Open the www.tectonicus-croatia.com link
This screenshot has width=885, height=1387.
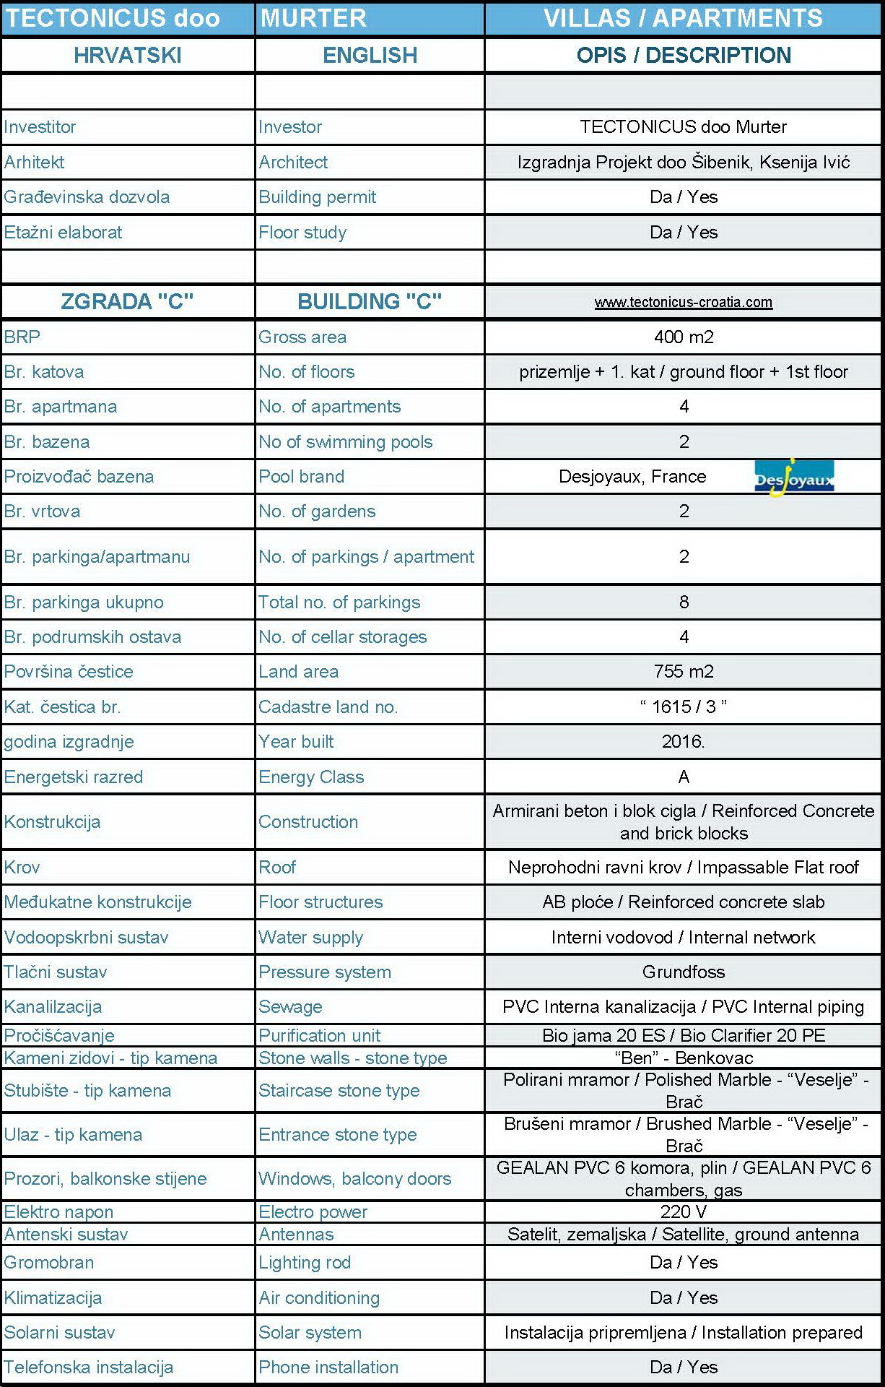point(683,302)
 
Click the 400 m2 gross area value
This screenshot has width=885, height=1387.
point(683,337)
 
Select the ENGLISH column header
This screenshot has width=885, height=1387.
point(370,55)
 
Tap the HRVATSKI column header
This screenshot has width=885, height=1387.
point(128,55)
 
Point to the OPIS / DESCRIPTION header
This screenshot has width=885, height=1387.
point(683,55)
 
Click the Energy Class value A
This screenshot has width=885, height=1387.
point(684,777)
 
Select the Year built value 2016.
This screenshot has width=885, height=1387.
point(683,741)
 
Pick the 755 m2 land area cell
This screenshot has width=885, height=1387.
point(683,671)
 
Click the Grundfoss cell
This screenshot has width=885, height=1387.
point(683,972)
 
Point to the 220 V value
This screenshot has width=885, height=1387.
point(683,1211)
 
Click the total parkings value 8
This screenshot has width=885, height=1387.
point(684,602)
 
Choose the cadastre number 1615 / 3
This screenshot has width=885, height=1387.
point(683,707)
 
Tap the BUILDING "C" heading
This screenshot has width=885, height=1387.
point(370,301)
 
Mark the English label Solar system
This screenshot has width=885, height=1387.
point(310,1332)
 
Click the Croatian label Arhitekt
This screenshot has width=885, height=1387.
point(34,162)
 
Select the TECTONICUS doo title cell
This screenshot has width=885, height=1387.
point(113,18)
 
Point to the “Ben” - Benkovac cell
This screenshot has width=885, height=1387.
point(683,1058)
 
